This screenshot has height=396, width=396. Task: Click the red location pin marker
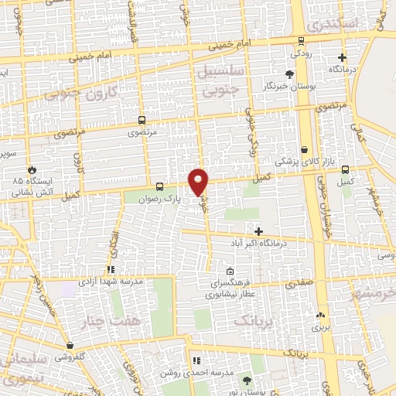click(x=199, y=181)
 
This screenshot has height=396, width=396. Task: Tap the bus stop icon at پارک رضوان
click(x=159, y=186)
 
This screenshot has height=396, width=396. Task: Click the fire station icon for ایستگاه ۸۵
click(x=32, y=169)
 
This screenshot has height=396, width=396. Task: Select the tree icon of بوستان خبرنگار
click(x=289, y=74)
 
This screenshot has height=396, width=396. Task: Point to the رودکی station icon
click(x=295, y=43)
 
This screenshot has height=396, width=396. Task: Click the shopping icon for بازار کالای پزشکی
click(x=305, y=149)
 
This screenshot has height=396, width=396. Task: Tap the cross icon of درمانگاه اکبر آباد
click(x=259, y=231)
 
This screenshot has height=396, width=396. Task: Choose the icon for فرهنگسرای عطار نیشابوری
click(x=230, y=271)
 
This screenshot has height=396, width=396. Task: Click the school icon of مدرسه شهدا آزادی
click(x=111, y=270)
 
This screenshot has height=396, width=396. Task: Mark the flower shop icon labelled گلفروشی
click(x=70, y=345)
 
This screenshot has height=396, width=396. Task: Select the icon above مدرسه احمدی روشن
click(x=196, y=360)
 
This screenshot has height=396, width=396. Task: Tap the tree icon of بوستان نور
click(x=246, y=380)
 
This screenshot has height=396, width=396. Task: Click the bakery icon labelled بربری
click(x=319, y=315)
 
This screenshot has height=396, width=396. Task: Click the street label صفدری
click(x=299, y=284)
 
